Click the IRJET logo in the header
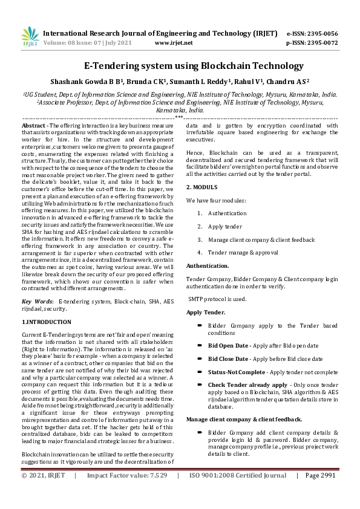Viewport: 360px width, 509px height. click(30, 37)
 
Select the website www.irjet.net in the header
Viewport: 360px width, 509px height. click(174, 43)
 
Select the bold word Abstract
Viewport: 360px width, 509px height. click(34, 125)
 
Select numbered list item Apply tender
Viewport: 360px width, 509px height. click(224, 227)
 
